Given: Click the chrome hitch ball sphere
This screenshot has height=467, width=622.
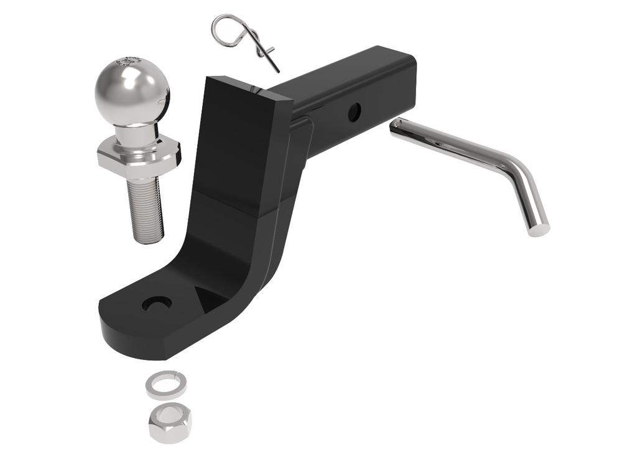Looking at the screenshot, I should (x=132, y=92).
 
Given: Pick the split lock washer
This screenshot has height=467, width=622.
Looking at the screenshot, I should (x=166, y=385).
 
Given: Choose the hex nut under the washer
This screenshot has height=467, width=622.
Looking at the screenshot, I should (x=169, y=421).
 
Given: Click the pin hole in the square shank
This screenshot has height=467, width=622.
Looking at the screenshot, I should (x=354, y=113).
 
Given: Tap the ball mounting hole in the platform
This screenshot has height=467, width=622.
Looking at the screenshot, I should (x=157, y=303).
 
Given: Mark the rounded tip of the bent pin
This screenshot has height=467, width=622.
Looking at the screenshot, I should (x=539, y=229).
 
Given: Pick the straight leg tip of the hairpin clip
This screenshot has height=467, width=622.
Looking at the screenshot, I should (x=276, y=70).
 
